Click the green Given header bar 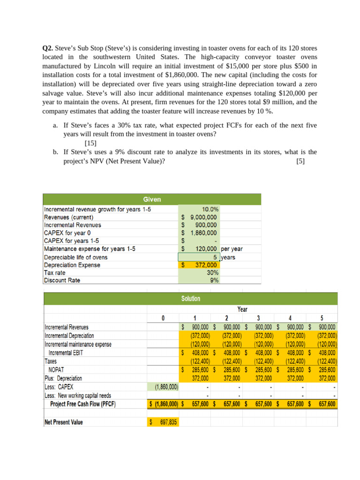[x=152, y=199]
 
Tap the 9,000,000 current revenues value [x=203, y=217]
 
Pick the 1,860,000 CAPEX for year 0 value [x=203, y=233]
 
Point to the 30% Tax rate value [x=213, y=273]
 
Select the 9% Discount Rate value [x=215, y=281]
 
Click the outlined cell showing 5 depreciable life [x=199, y=257]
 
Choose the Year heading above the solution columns [x=242, y=309]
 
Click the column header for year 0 [x=163, y=318]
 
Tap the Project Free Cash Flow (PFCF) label [x=82, y=404]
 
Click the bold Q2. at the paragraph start [x=48, y=48]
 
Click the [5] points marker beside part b [x=300, y=161]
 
